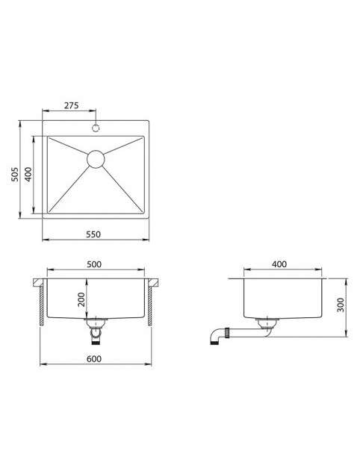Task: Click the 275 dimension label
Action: click(71, 105)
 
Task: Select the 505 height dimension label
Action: click(15, 174)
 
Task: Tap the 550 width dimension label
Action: click(93, 234)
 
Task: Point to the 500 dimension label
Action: click(94, 264)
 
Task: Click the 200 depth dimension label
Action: click(81, 299)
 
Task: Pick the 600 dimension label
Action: click(94, 358)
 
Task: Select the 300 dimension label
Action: click(341, 305)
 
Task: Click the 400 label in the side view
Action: click(279, 264)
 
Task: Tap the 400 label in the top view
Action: click(28, 174)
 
